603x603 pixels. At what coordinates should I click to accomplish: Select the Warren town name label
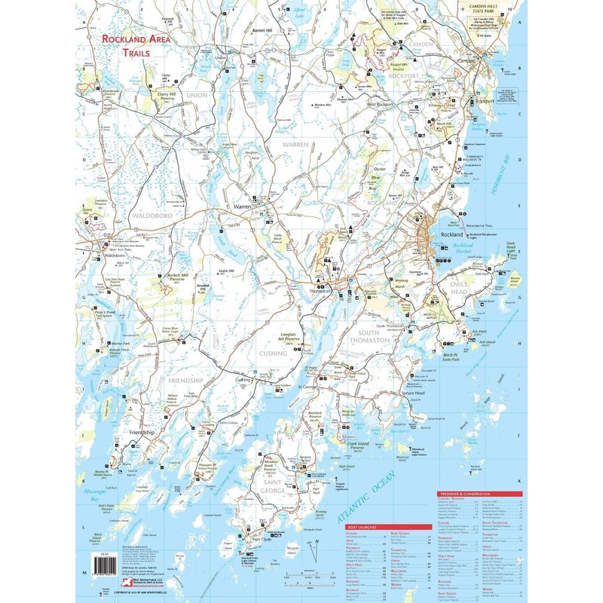(x=242, y=206)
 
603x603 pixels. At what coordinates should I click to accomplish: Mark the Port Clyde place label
(x=261, y=540)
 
